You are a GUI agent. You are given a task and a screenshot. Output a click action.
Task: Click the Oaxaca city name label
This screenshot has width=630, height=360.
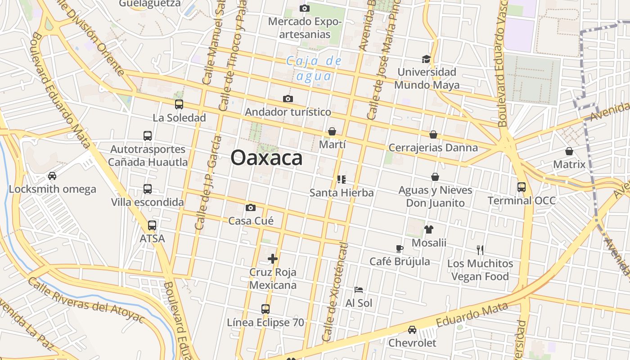266,158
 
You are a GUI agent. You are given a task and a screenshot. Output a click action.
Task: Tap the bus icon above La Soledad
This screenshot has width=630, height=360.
179,104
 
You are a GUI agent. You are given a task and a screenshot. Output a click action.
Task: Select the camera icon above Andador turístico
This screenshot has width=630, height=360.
288,99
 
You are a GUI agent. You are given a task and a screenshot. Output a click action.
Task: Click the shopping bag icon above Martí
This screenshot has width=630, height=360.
332,131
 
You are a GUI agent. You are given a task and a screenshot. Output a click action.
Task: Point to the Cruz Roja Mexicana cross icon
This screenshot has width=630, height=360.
273,259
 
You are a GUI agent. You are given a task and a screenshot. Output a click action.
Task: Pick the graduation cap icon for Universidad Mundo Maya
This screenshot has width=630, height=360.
426,59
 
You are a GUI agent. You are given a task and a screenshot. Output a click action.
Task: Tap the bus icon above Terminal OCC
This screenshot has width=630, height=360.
522,187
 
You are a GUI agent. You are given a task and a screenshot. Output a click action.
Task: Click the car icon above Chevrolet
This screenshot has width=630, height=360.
412,330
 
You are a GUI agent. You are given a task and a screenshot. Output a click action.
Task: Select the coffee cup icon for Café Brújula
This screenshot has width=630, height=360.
399,248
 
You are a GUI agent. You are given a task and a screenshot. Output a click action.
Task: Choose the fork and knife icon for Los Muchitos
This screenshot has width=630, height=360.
480,250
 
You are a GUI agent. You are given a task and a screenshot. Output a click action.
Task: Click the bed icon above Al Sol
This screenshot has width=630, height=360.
358,290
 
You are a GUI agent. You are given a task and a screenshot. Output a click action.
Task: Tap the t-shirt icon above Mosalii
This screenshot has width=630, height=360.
428,229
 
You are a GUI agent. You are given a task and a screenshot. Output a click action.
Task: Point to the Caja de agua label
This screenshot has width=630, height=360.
314,68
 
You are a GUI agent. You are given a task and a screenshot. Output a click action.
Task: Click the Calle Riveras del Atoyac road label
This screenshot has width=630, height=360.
85,300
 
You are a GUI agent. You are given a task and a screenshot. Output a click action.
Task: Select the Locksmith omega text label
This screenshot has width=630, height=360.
52,189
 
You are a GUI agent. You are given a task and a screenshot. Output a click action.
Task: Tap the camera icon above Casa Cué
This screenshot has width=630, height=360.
251,207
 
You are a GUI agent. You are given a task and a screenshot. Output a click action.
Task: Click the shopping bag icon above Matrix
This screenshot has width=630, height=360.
569,151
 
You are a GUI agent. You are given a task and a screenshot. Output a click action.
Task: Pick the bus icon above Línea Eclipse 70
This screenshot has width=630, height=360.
265,309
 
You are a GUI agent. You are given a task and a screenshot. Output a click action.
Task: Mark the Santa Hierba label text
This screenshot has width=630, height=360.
342,193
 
